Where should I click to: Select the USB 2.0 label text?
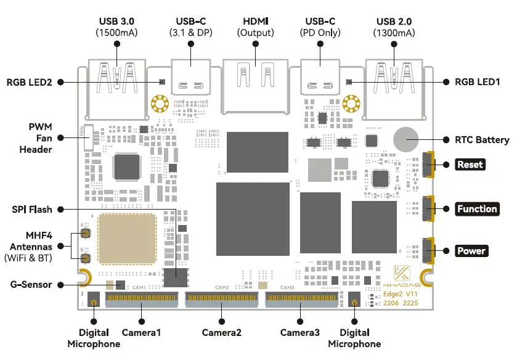tap(394, 22)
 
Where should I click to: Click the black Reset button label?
tap(470, 165)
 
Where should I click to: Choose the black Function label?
tap(477, 209)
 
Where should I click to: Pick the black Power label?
tap(471, 251)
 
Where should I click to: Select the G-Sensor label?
tap(31, 284)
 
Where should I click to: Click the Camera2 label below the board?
tap(222, 333)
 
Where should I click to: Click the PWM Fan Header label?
tap(36, 137)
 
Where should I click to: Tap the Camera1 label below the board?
tap(141, 333)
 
